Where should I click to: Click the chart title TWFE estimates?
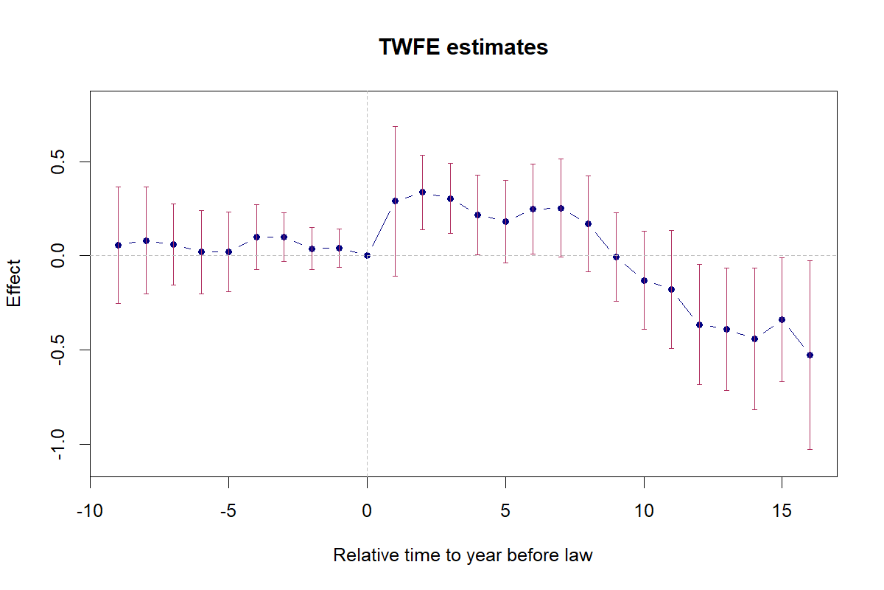[463, 47]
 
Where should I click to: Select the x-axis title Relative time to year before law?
[463, 555]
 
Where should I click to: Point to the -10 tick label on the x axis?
[90, 511]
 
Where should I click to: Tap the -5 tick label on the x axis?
[228, 511]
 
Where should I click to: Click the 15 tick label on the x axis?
[782, 511]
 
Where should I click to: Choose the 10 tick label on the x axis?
[644, 511]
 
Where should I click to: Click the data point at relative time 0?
[367, 255]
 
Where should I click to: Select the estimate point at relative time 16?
[810, 355]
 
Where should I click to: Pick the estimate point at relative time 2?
[422, 192]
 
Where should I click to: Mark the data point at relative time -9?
[118, 245]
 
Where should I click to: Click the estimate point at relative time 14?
[754, 339]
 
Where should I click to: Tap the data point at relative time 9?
[616, 257]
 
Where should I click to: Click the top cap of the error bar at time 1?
[395, 126]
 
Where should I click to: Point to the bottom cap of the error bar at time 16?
[810, 449]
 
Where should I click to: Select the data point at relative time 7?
[561, 208]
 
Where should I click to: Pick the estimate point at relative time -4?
[256, 237]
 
